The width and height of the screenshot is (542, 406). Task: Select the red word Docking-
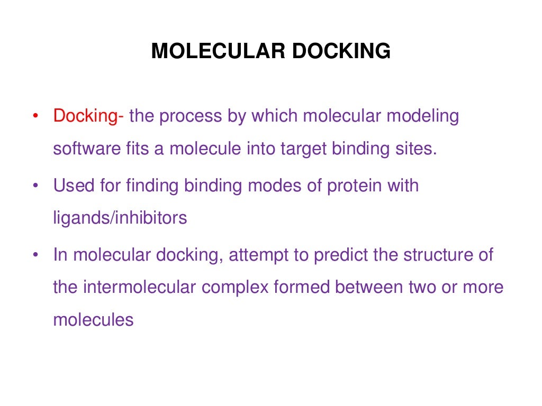point(88,116)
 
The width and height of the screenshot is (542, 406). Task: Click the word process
point(188,116)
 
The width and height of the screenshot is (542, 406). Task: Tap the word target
point(302,149)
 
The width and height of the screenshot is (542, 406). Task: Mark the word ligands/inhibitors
point(120,218)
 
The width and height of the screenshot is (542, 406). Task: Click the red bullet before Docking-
point(35,116)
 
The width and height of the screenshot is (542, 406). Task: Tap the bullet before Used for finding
point(35,186)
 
